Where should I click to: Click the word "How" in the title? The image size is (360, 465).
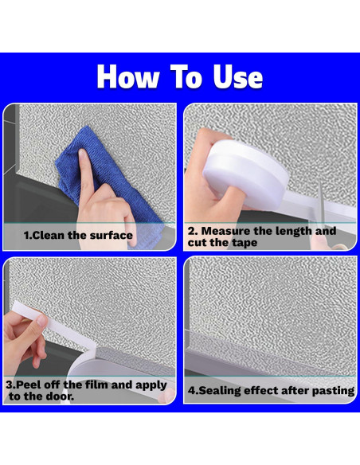[x=127, y=76]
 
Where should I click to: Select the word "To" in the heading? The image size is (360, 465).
[x=186, y=76]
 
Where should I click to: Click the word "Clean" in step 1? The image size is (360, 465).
[x=48, y=235]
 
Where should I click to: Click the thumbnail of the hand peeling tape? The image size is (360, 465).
[x=89, y=330]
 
